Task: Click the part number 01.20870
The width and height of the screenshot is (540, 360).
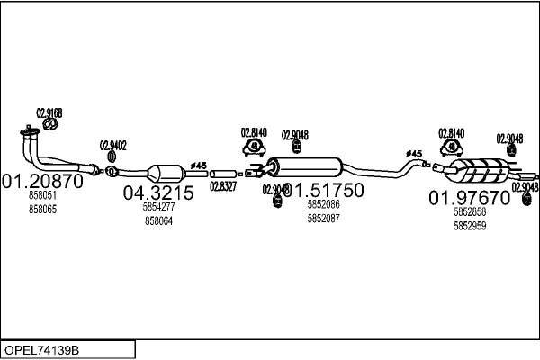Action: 42,180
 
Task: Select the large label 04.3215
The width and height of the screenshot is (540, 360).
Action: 158,193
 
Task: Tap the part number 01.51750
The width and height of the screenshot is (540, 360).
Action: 325,190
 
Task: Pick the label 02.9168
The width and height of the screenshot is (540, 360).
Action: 49,113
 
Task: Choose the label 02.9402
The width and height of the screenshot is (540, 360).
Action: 113,146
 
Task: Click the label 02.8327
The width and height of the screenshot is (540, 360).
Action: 223,186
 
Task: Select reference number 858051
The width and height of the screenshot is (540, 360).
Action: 42,195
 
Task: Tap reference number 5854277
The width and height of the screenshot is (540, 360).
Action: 158,207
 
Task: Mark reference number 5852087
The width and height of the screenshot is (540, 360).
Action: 323,219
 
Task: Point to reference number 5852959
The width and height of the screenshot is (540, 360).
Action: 470,226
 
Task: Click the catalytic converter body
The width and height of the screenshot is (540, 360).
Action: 164,173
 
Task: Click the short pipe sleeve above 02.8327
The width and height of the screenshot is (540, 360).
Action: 223,172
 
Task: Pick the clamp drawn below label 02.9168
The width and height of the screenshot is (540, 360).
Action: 49,127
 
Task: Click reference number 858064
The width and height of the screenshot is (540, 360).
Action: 158,220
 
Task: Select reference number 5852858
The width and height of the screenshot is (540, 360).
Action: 470,211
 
